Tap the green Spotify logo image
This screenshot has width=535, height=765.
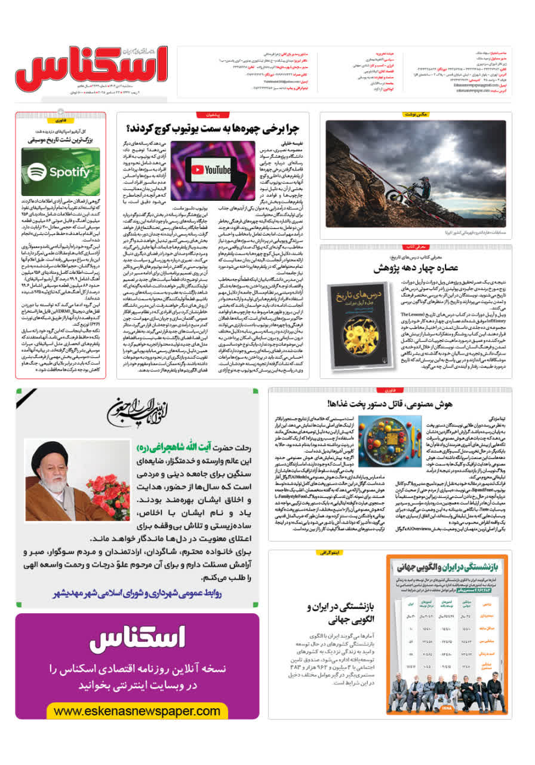60,172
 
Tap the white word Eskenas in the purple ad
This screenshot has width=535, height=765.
137,639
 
